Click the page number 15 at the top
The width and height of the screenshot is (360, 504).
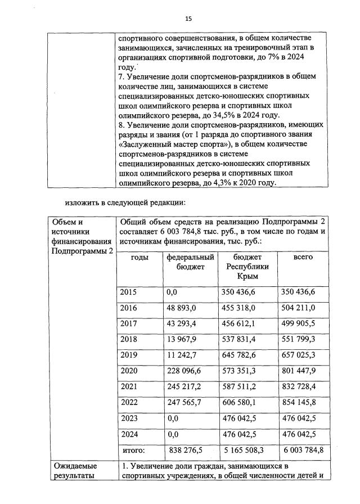[x=188, y=19]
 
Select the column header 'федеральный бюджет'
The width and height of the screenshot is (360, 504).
[x=190, y=262]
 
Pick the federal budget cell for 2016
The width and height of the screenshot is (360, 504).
[x=181, y=307]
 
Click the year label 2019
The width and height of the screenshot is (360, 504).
[x=129, y=355]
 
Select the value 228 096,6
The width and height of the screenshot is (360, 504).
[x=183, y=371]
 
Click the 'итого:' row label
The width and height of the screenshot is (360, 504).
[x=133, y=450]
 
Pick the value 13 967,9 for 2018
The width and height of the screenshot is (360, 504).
[x=181, y=339]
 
